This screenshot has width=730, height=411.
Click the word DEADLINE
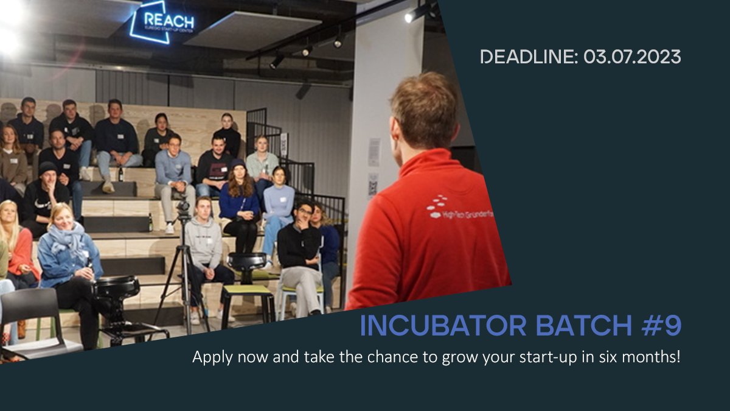tap(527, 57)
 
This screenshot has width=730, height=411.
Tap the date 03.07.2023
tap(632, 57)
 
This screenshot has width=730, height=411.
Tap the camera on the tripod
tap(183, 210)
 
